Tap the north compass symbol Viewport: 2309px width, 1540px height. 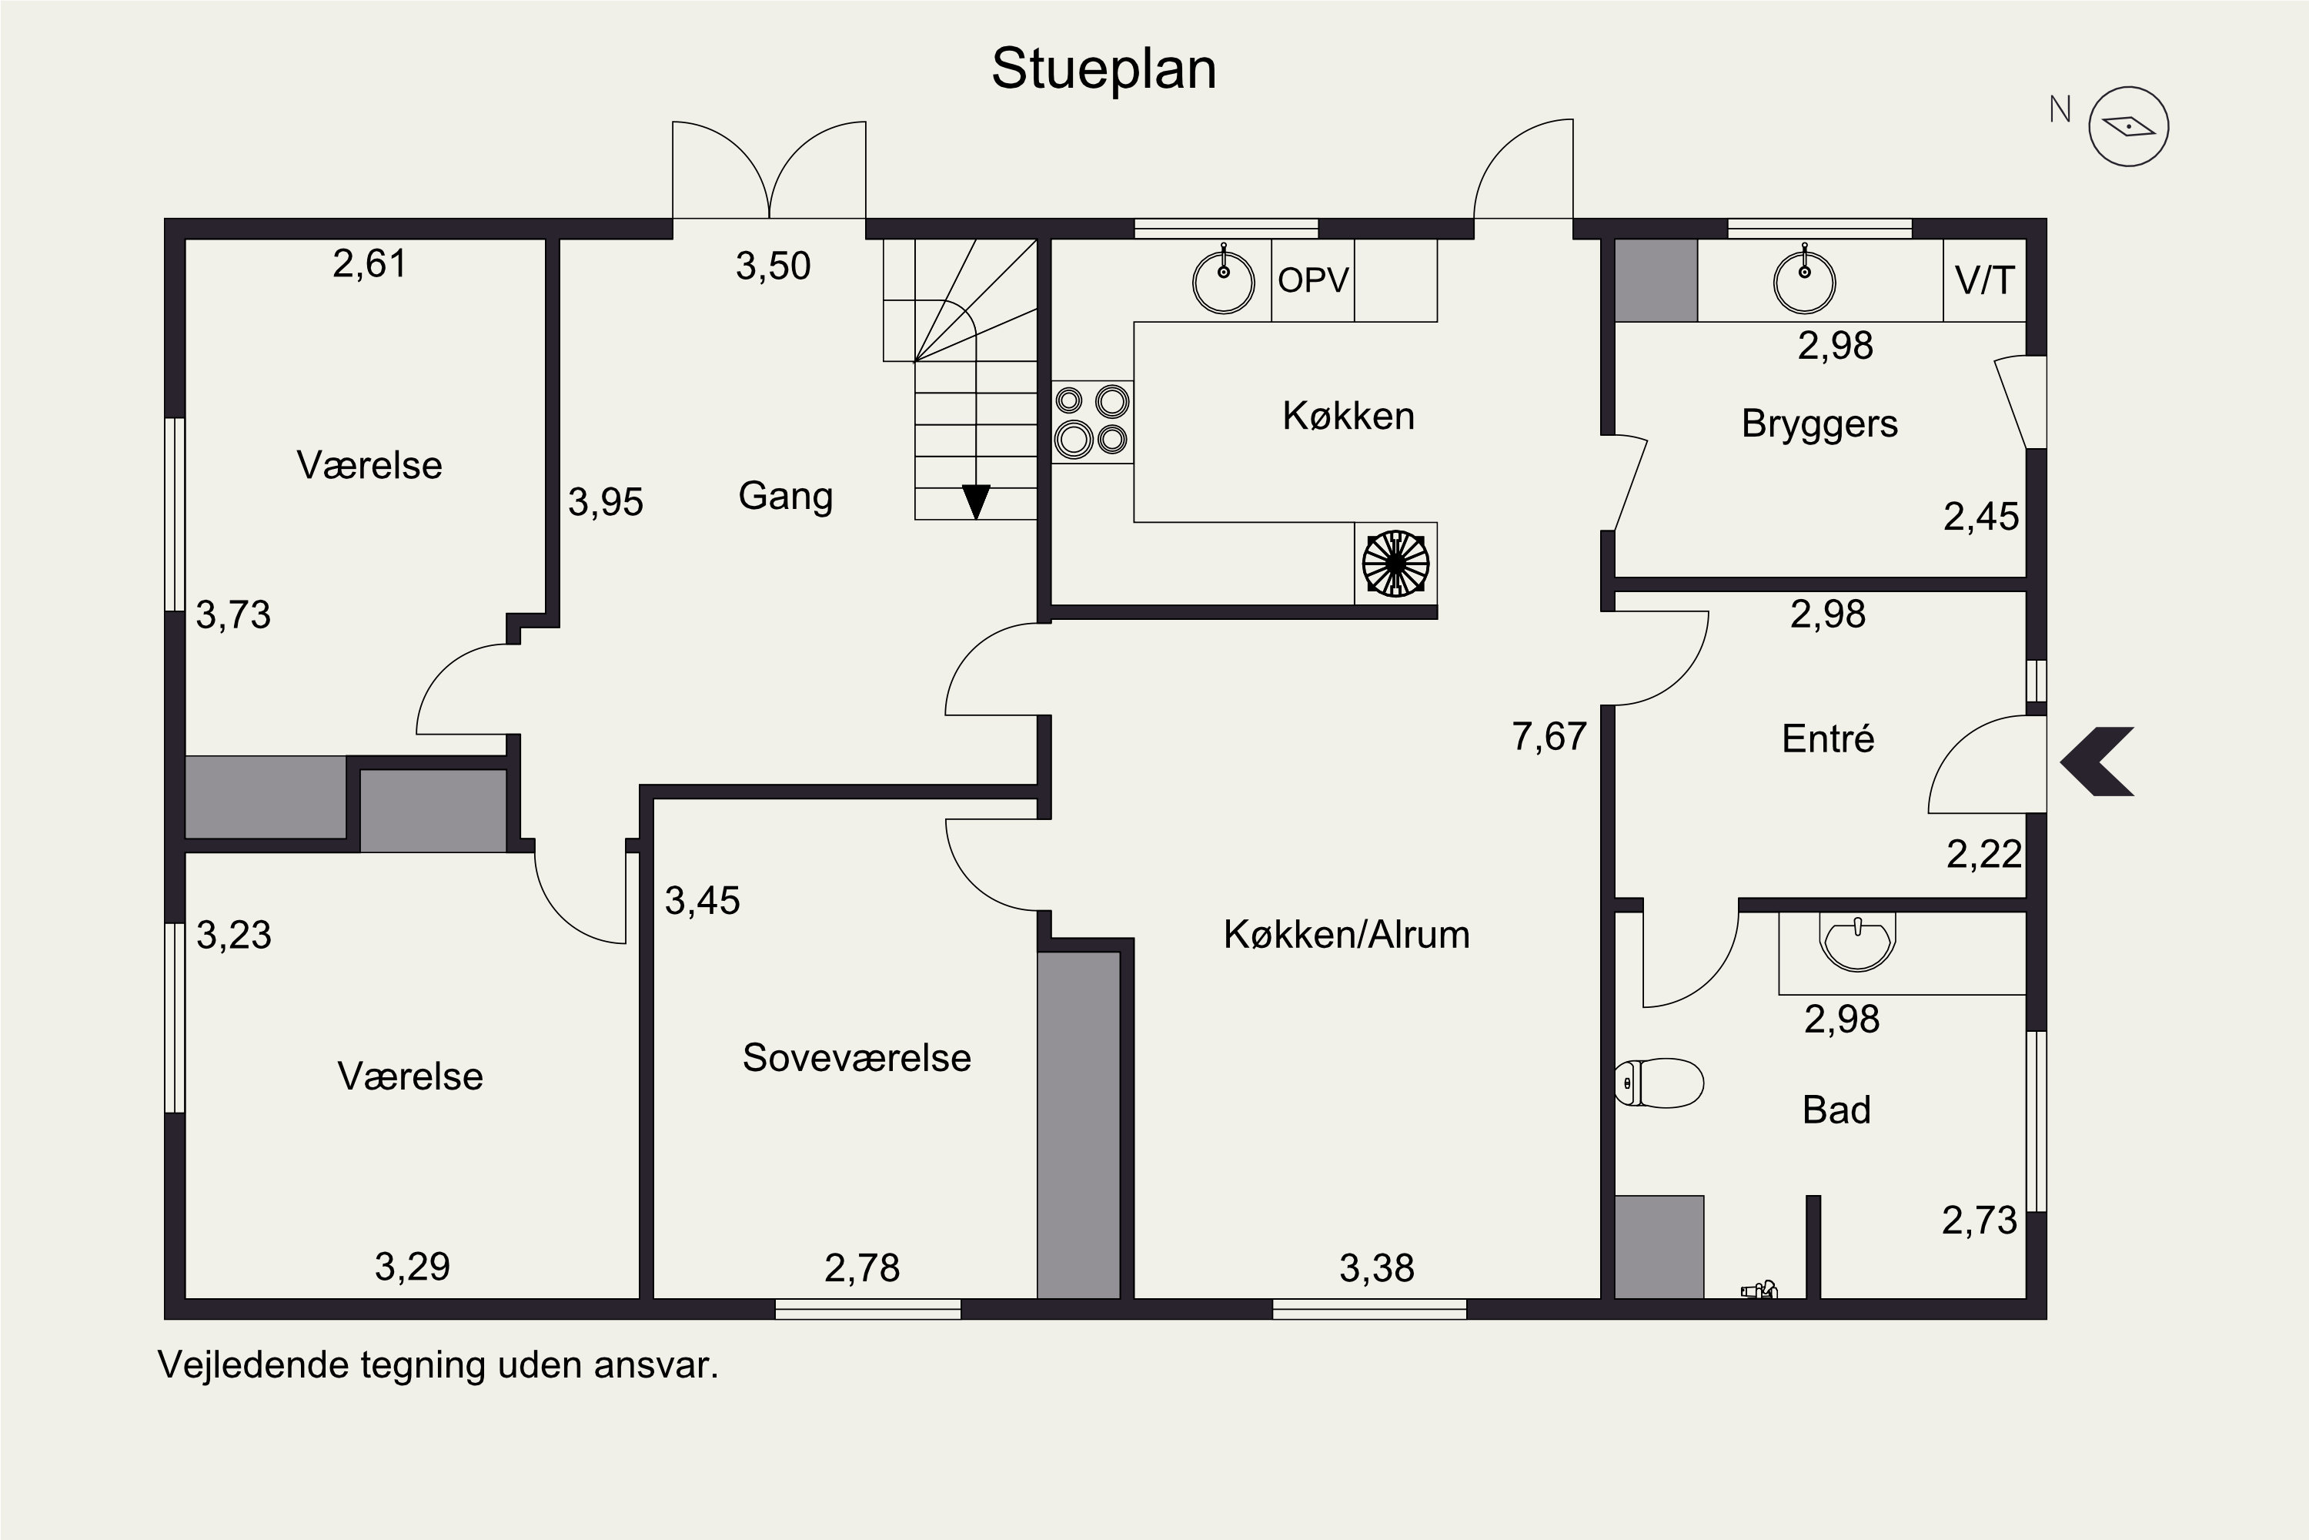pyautogui.click(x=2127, y=126)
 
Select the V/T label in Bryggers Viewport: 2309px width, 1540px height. pyautogui.click(x=1984, y=281)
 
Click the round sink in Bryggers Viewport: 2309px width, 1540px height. pyautogui.click(x=1804, y=282)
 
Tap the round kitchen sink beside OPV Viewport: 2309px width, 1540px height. pyautogui.click(x=1223, y=282)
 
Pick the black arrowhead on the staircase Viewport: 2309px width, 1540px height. pyautogui.click(x=976, y=502)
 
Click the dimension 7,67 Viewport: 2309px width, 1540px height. pyautogui.click(x=1549, y=737)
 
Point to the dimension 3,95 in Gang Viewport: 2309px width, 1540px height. pyautogui.click(x=606, y=503)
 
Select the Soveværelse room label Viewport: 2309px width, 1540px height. pyautogui.click(x=856, y=1058)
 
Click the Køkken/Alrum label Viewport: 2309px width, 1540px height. pyautogui.click(x=1346, y=934)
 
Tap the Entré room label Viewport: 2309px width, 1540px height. pyautogui.click(x=1827, y=738)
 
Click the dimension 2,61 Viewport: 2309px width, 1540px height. pyautogui.click(x=369, y=264)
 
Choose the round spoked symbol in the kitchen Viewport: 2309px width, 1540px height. pyautogui.click(x=1395, y=564)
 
